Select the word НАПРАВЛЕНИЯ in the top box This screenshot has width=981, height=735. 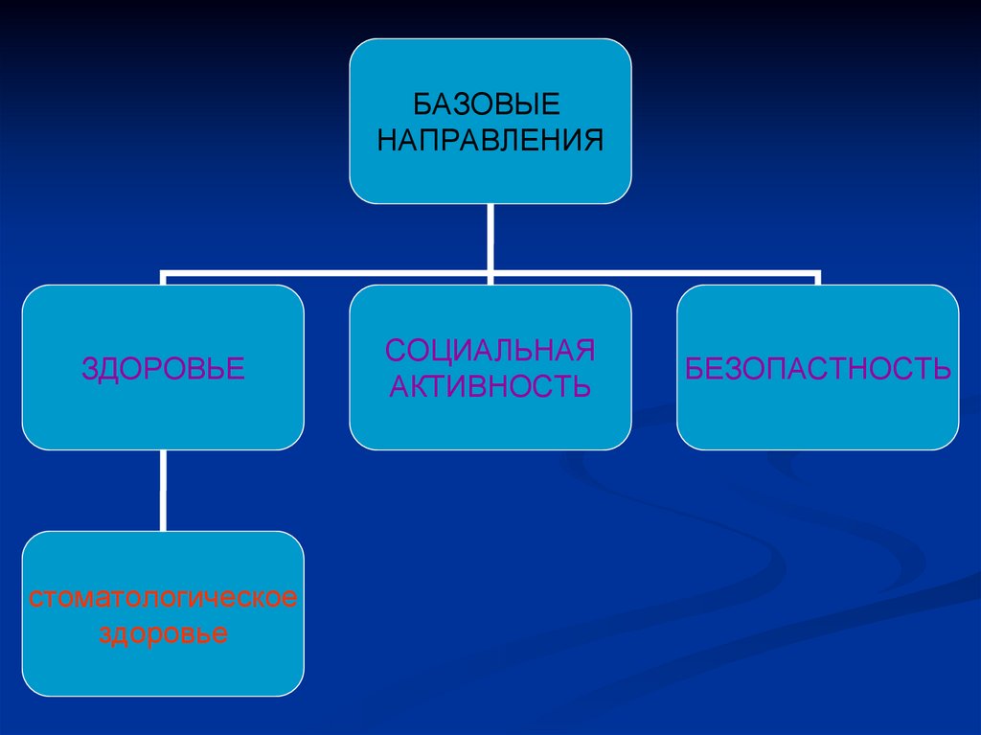[490, 140]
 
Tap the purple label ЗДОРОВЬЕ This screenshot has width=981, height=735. [163, 368]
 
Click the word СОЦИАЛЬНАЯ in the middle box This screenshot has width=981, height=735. [490, 350]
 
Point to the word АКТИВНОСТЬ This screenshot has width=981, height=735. [490, 386]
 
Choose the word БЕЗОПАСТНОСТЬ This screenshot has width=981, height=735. [818, 368]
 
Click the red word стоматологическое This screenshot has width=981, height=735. [163, 599]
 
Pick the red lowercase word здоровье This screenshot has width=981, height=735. [163, 633]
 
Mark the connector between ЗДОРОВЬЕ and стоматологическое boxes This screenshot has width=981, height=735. [163, 490]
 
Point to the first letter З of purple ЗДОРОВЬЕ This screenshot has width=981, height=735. [88, 368]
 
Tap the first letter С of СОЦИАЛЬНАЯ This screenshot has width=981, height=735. [394, 350]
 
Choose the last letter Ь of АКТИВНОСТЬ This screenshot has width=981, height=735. [581, 386]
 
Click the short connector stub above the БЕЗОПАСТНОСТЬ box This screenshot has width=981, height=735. [817, 279]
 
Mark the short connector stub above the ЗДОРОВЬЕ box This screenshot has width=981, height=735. [164, 279]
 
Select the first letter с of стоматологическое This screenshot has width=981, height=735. [34, 599]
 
